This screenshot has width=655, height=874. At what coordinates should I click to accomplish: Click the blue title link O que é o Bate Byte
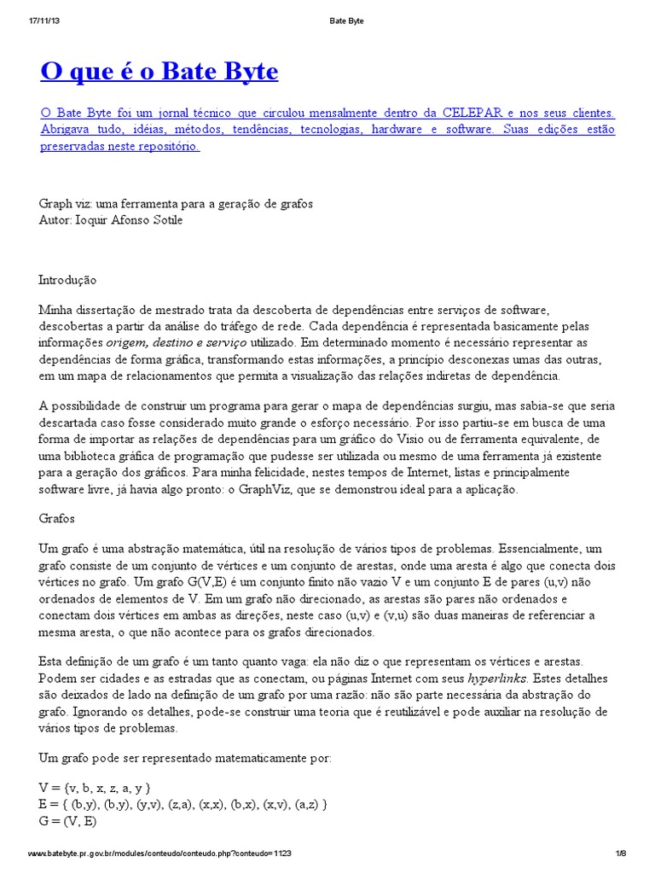click(x=159, y=72)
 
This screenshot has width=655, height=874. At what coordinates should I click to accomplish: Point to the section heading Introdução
click(x=68, y=279)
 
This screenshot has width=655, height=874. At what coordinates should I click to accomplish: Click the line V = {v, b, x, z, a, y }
click(x=96, y=787)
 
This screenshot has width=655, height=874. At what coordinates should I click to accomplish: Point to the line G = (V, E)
click(x=68, y=820)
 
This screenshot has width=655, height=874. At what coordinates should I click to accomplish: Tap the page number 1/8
click(x=620, y=854)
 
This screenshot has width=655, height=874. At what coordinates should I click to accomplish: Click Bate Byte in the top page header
click(x=345, y=21)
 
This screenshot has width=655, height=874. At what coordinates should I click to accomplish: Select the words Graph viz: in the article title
click(x=66, y=204)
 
